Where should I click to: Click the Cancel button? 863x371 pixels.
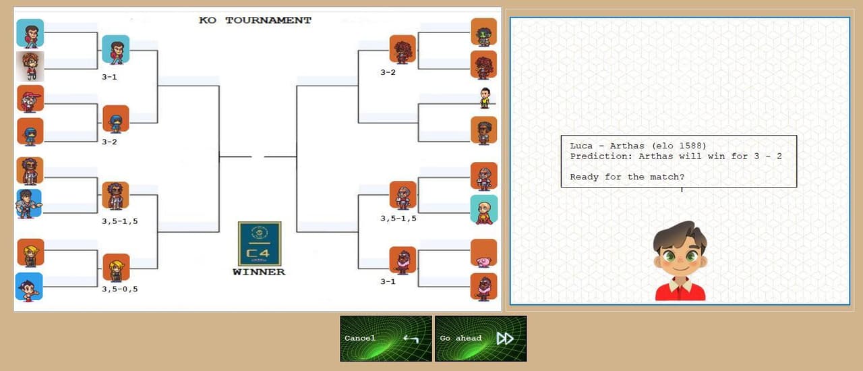(386, 339)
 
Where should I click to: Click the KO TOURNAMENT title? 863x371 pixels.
(255, 20)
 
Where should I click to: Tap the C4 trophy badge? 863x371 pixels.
(260, 244)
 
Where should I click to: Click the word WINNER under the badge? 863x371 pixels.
(259, 272)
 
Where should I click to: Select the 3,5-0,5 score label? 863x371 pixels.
(120, 289)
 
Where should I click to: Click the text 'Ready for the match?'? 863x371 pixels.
(627, 177)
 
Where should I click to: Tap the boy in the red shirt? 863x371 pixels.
(680, 261)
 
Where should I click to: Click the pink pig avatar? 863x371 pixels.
(483, 253)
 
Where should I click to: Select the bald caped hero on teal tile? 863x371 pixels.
(484, 209)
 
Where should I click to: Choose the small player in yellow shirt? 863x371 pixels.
(485, 98)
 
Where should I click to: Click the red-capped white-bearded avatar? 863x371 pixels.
(30, 98)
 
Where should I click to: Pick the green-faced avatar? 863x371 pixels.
(483, 32)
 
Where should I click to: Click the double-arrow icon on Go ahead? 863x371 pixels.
(505, 339)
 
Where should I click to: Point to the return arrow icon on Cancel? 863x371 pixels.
(411, 339)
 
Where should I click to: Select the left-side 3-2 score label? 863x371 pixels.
(109, 142)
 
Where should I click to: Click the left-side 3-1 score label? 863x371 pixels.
(109, 77)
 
